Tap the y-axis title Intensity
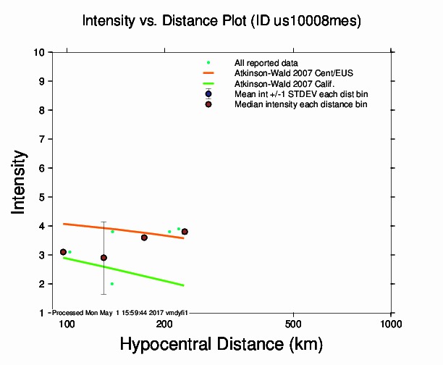(x=20, y=182)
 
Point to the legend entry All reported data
(x=266, y=63)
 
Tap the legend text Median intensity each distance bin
(x=300, y=104)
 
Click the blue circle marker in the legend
(x=208, y=94)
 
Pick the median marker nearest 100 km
(x=63, y=252)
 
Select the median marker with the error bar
(x=104, y=258)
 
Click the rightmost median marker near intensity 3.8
(x=185, y=232)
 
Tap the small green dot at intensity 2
(x=112, y=284)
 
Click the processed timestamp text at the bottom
(x=120, y=312)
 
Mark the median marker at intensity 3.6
(x=144, y=238)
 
